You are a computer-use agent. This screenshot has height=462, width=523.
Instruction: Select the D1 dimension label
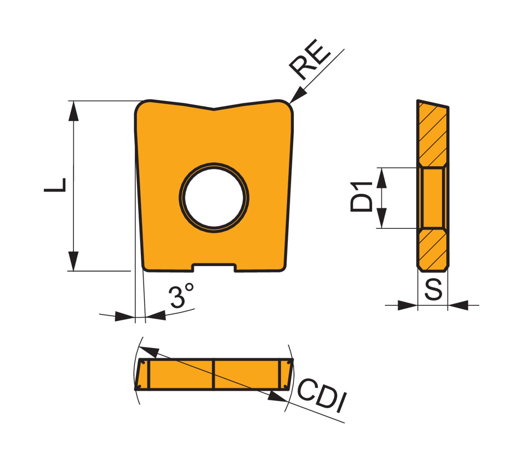click(362, 197)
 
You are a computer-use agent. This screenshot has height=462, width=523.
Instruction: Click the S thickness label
click(433, 289)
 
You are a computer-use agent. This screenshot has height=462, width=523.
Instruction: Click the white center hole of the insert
click(214, 197)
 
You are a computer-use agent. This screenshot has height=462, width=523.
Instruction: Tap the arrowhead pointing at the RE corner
click(297, 96)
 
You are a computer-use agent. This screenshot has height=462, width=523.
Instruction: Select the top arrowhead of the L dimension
click(73, 111)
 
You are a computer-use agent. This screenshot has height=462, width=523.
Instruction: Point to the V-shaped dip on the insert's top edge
click(214, 109)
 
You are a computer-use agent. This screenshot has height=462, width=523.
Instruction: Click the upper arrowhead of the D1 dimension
click(382, 178)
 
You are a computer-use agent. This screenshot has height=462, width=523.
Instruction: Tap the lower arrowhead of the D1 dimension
click(382, 218)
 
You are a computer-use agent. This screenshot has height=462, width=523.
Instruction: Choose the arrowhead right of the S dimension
click(458, 305)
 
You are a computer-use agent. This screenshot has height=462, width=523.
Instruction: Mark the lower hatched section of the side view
click(433, 249)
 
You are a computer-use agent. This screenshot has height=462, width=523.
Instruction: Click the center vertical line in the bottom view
click(213, 374)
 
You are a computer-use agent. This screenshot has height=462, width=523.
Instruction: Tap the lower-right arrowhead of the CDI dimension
click(277, 396)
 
